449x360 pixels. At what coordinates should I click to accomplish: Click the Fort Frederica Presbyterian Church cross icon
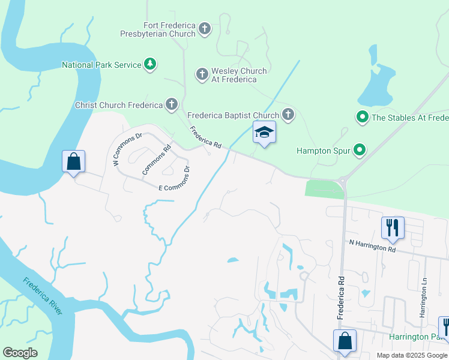pyautogui.click(x=205, y=29)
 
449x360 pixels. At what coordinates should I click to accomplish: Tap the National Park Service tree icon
pyautogui.click(x=150, y=64)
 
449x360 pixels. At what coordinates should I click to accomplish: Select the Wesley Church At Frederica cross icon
pyautogui.click(x=202, y=74)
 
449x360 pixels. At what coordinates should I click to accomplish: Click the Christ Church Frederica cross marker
pyautogui.click(x=172, y=105)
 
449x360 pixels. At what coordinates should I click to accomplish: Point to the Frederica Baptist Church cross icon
pyautogui.click(x=288, y=115)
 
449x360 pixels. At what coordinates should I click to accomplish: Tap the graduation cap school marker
pyautogui.click(x=264, y=133)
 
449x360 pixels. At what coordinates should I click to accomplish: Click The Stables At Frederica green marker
pyautogui.click(x=363, y=118)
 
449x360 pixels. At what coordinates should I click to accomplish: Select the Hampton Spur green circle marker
pyautogui.click(x=360, y=150)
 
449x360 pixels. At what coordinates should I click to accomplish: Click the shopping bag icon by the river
pyautogui.click(x=73, y=161)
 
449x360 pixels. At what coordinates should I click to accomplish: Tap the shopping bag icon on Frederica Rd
pyautogui.click(x=345, y=340)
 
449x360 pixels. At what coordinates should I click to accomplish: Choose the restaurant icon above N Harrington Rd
pyautogui.click(x=393, y=227)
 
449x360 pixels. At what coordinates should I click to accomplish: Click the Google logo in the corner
pyautogui.click(x=20, y=353)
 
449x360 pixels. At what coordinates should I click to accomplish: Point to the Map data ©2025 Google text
pyautogui.click(x=411, y=355)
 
